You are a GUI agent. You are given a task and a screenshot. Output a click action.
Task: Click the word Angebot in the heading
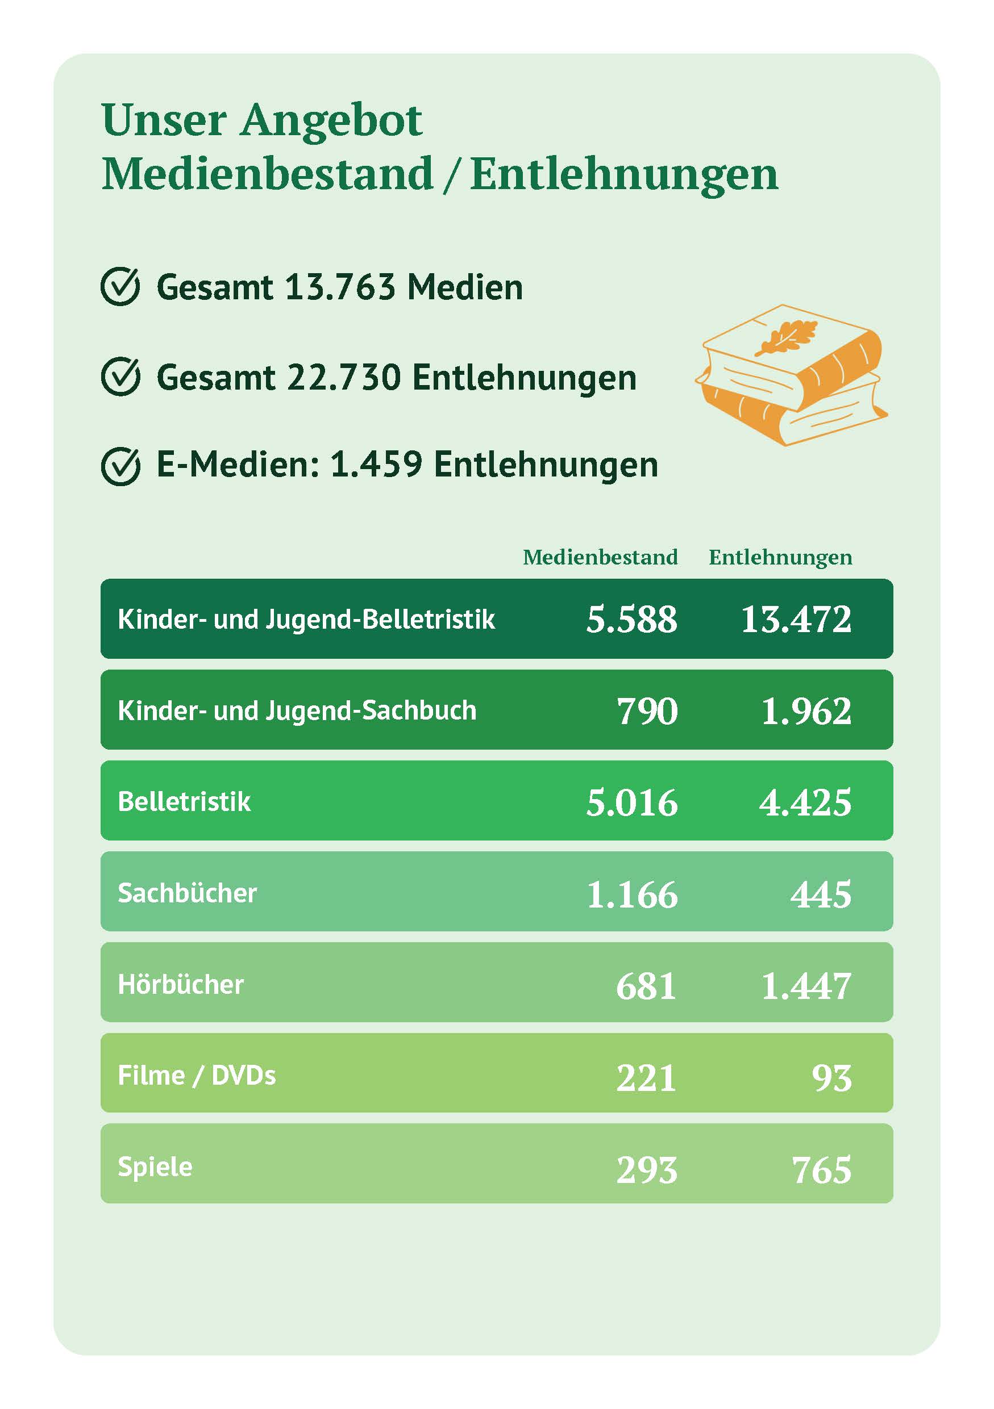[330, 121]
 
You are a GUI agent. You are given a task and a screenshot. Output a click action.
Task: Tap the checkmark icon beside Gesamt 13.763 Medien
[120, 287]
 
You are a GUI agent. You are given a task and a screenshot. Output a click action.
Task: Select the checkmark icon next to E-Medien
[120, 466]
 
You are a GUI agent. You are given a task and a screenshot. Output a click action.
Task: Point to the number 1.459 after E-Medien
[376, 465]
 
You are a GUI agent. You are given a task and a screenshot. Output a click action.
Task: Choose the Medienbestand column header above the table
[600, 557]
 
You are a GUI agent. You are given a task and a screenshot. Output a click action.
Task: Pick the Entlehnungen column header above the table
[780, 557]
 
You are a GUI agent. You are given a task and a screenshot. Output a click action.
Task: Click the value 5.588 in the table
[631, 618]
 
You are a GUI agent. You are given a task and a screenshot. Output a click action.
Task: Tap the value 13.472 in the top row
[796, 618]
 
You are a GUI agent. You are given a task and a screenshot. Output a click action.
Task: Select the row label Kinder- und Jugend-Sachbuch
[297, 710]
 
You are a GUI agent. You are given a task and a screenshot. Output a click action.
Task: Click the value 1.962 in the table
[805, 710]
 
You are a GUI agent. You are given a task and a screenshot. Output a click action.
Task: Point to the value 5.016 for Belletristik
[631, 802]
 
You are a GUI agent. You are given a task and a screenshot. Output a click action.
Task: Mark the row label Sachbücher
[187, 893]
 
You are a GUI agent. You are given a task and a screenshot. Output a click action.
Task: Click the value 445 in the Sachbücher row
[820, 893]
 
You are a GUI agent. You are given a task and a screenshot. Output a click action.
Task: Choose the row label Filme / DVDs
[197, 1075]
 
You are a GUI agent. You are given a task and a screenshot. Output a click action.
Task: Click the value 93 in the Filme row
[831, 1076]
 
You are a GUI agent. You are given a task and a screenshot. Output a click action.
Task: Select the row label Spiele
[155, 1166]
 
